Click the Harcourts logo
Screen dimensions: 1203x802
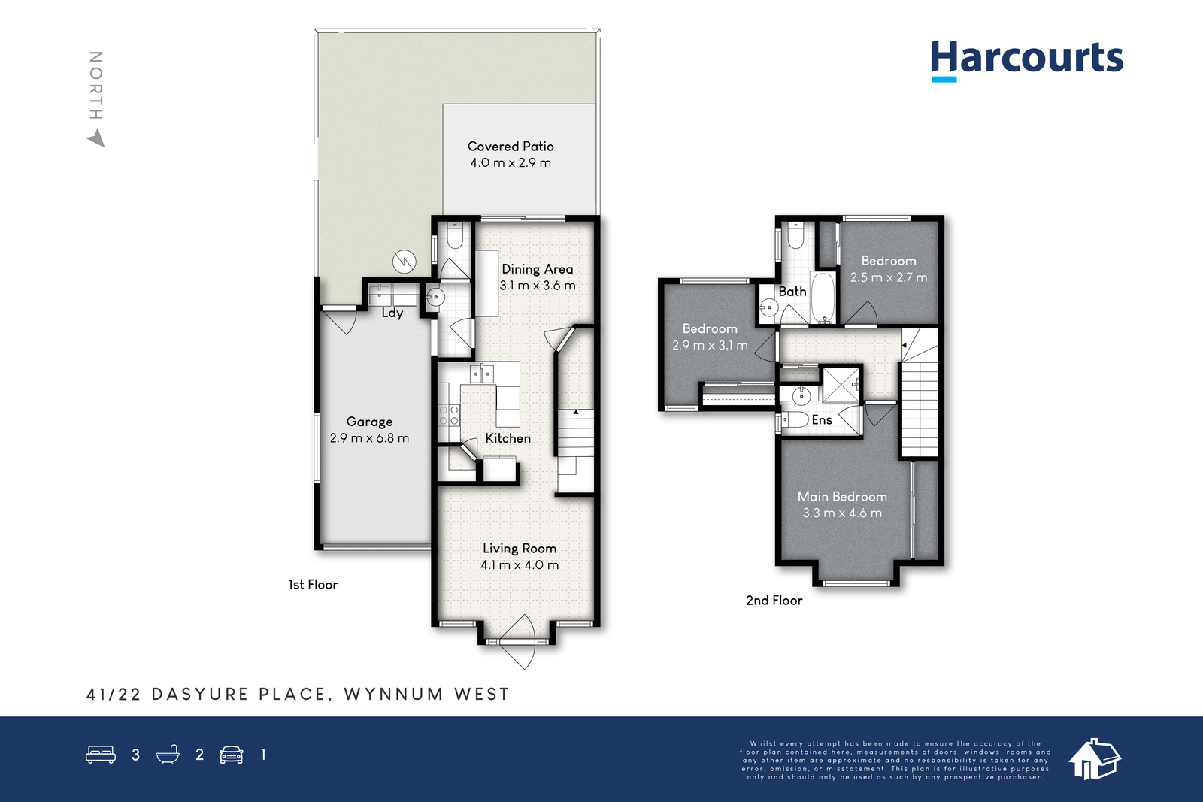coord(1026,60)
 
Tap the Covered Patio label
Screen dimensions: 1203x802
coord(511,146)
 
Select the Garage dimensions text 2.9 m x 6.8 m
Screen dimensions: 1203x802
coord(369,438)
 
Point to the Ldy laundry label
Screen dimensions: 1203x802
coord(392,313)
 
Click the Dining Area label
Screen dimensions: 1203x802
coord(538,269)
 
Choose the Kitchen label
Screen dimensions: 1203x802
coord(508,438)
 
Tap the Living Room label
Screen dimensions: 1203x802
coord(520,549)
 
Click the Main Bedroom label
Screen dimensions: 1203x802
coord(842,497)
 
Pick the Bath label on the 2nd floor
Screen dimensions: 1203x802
coord(792,292)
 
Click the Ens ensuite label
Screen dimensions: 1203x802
coord(822,419)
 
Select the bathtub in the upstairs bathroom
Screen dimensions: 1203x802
coord(823,297)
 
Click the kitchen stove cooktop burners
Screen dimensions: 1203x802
coord(449,415)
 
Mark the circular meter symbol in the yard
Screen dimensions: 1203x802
coord(405,262)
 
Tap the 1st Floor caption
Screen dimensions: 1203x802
coord(313,585)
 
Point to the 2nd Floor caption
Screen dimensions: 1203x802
coord(774,600)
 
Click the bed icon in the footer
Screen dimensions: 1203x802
coord(101,754)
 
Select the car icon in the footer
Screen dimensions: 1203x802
coord(232,754)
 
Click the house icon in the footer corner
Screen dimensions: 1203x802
coord(1095,759)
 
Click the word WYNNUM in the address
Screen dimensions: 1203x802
coord(394,694)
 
